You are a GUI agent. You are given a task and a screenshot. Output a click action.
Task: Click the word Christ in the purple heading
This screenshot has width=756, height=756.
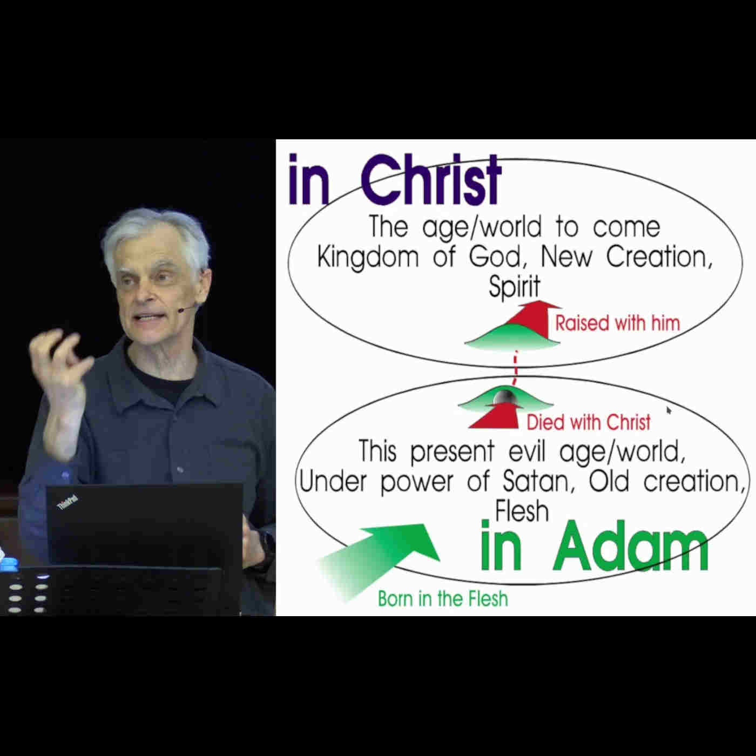(x=430, y=180)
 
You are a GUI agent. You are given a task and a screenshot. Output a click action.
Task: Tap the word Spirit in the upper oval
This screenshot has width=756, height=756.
(x=515, y=287)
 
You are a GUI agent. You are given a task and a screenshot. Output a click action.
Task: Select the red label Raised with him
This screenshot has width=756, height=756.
(x=618, y=323)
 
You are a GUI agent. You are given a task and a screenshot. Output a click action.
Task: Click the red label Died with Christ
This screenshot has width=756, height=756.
(x=589, y=422)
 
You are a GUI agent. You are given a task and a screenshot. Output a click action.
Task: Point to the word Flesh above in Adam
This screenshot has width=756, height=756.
(x=522, y=511)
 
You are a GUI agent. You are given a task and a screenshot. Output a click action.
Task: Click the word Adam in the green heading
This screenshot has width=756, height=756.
(x=631, y=546)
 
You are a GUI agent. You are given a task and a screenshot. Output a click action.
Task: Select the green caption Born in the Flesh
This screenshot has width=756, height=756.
(x=443, y=599)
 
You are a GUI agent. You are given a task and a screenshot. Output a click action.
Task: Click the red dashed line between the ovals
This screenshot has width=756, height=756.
(x=515, y=369)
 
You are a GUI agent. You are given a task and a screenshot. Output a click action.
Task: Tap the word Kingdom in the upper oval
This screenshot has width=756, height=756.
(x=368, y=258)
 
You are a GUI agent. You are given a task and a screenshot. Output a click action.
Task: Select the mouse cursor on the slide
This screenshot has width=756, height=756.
(x=669, y=410)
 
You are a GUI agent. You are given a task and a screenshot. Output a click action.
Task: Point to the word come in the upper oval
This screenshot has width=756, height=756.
(x=626, y=227)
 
